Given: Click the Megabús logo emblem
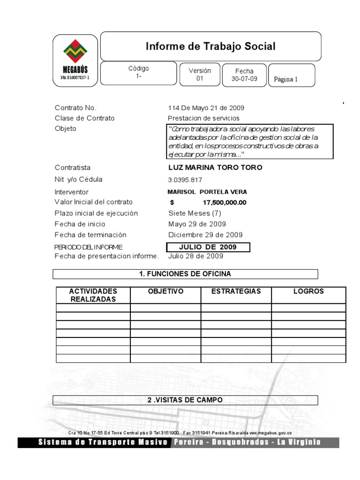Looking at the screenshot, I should click(75, 52).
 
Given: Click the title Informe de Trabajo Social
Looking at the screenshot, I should click(210, 46).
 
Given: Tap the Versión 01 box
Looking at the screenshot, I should click(200, 75).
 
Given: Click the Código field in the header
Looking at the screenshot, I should click(139, 72).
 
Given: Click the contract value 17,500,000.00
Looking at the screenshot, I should click(225, 202).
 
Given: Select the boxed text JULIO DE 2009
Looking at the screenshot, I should click(208, 247).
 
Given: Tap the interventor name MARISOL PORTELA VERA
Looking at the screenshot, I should click(207, 192).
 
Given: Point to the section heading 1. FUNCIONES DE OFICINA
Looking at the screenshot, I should click(185, 274).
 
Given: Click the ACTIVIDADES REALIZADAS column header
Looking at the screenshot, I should click(93, 295).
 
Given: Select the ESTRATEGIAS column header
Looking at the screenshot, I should click(236, 292).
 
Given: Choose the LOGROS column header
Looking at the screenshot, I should click(308, 292).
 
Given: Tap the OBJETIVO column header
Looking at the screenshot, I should click(165, 292).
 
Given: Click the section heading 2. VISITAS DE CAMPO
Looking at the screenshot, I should click(185, 400).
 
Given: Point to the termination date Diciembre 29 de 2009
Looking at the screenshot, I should click(205, 235).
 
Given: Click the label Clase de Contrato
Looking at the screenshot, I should click(84, 118).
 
